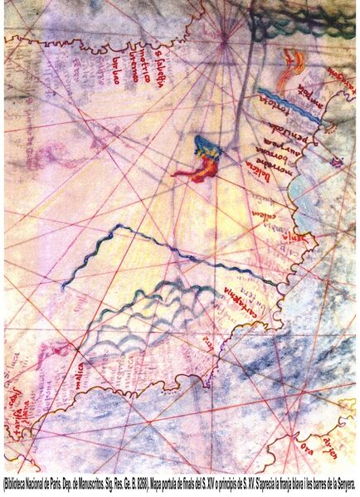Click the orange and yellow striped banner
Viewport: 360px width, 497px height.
click(294, 60)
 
